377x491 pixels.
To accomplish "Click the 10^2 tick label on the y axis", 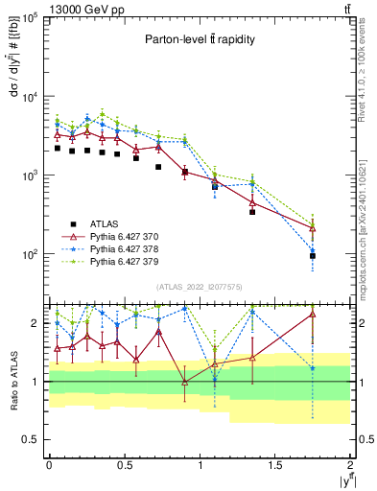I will click(x=29, y=255).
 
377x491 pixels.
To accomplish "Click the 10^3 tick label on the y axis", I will click(x=29, y=176).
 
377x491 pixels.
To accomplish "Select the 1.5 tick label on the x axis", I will click(x=275, y=464).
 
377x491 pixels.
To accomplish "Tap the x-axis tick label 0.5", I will click(x=124, y=464).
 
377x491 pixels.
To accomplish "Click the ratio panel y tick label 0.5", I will click(x=33, y=439).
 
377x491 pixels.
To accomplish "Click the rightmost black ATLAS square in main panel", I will click(x=313, y=256).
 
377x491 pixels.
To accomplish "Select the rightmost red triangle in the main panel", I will click(x=313, y=227).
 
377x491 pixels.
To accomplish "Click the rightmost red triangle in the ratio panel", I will click(x=313, y=315).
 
